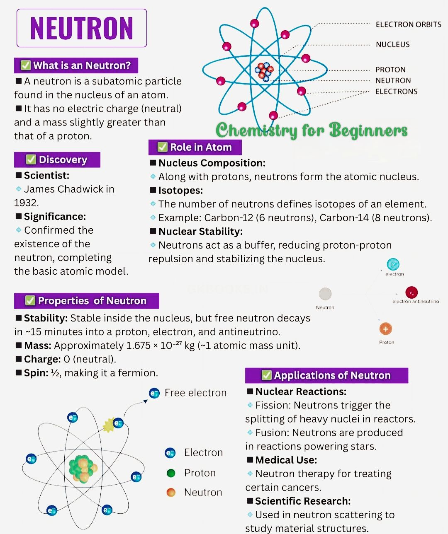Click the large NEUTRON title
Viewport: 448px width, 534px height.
[82, 28]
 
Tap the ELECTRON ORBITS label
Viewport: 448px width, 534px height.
[408, 24]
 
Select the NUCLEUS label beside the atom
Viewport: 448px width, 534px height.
[393, 44]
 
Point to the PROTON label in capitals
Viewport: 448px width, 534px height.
[390, 70]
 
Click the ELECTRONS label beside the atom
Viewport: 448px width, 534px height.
[396, 91]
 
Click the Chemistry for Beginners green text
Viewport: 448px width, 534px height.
[312, 130]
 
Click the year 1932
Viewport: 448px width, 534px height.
[26, 203]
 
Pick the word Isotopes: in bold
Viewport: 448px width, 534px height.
[180, 190]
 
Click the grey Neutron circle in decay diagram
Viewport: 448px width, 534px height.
[325, 294]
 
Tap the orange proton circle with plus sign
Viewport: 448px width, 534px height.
[385, 329]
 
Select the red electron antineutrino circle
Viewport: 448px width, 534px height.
[411, 292]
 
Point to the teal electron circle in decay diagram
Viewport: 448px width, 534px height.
[393, 264]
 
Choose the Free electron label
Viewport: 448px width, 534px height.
[196, 393]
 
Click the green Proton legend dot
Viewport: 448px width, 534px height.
[170, 473]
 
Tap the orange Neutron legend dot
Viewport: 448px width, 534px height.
[170, 492]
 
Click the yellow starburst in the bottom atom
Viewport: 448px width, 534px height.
[109, 425]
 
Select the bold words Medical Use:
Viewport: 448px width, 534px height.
[286, 460]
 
